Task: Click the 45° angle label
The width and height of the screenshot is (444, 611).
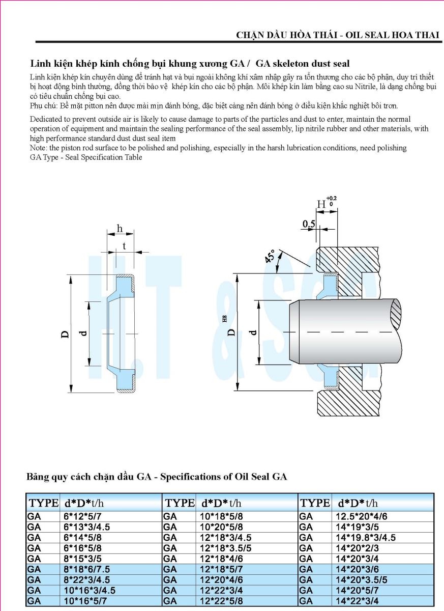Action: (270, 256)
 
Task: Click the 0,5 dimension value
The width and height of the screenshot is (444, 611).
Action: (309, 224)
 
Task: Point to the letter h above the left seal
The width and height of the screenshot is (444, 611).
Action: (120, 228)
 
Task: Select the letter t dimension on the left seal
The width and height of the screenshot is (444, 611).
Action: (124, 246)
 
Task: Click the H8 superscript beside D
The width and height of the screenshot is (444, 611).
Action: (225, 319)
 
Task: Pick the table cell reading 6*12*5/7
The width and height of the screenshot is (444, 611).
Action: (79, 516)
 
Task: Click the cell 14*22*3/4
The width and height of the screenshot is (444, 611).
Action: (357, 601)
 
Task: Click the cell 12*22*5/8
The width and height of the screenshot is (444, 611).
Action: (221, 601)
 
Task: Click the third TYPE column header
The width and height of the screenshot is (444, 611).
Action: (315, 503)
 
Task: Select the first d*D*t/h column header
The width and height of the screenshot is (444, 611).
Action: (84, 503)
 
